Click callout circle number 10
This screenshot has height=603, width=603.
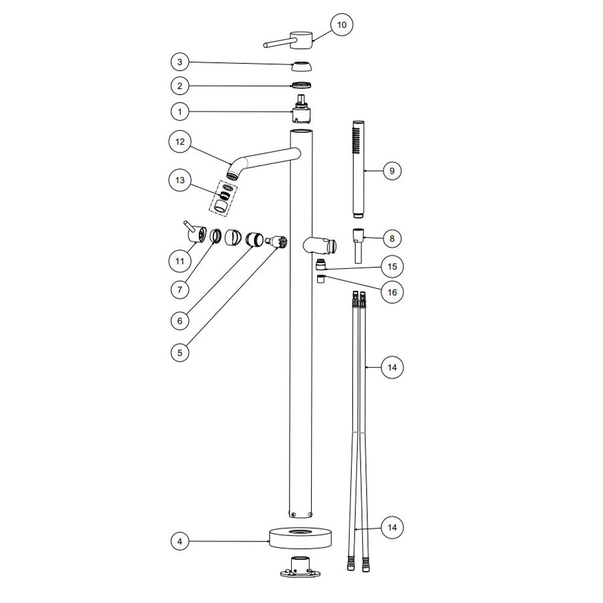point(341,25)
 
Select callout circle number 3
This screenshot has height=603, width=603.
point(180,62)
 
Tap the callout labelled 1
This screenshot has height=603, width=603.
point(180,112)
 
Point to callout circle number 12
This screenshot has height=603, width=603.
point(180,142)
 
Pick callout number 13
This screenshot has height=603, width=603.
point(180,180)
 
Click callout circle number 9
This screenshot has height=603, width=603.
point(392,171)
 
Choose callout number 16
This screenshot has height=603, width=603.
point(392,292)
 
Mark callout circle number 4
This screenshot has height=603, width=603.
point(180,541)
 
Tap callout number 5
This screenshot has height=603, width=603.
point(180,353)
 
